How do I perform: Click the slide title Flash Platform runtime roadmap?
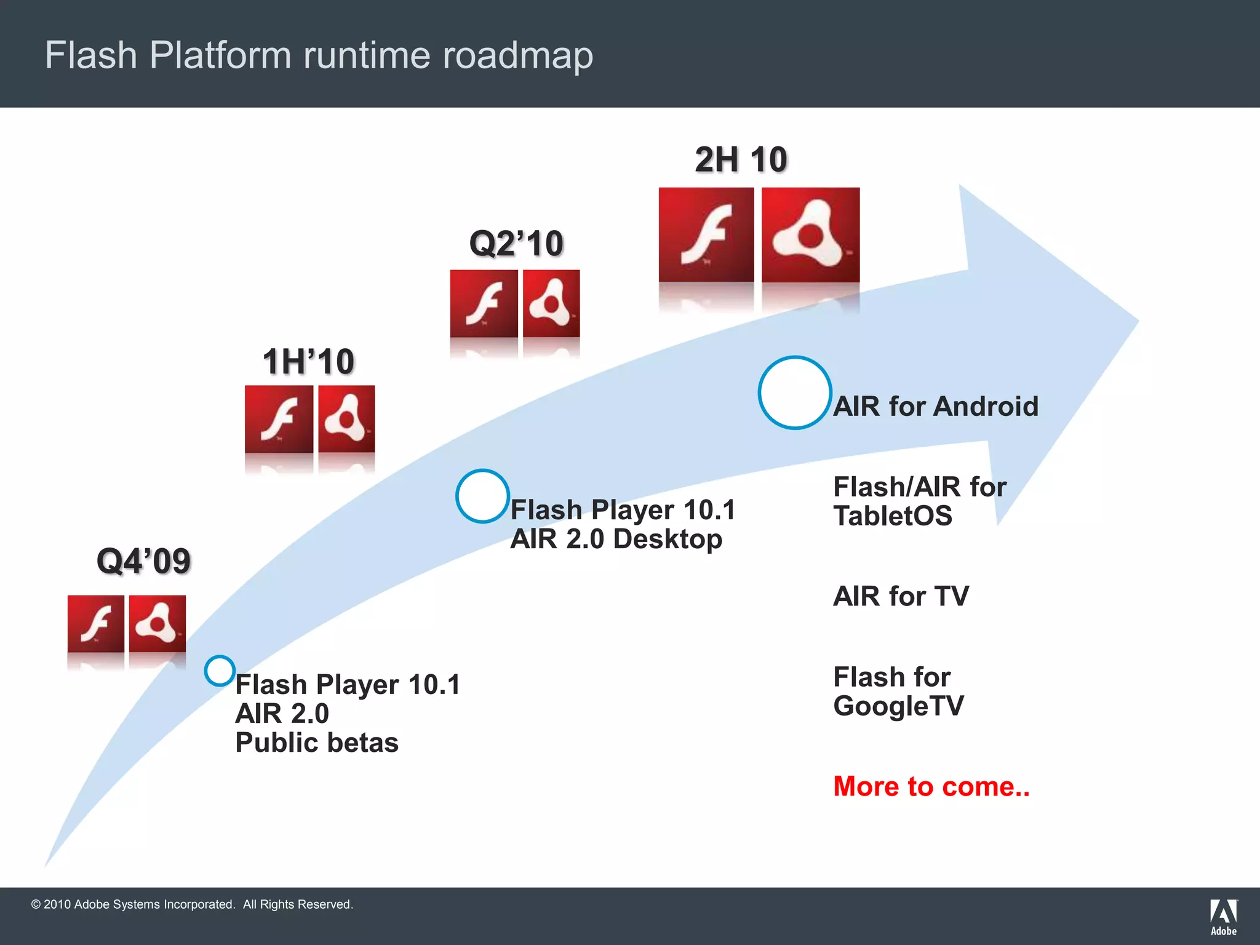click(x=319, y=55)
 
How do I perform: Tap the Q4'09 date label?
click(x=143, y=561)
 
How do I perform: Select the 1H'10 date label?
click(x=308, y=361)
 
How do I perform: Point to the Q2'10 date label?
click(x=516, y=243)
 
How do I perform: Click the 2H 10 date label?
click(x=741, y=159)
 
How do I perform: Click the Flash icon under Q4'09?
click(x=96, y=623)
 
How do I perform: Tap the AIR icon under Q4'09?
click(x=157, y=623)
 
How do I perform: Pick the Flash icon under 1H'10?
click(x=279, y=419)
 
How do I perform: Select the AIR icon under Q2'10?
click(x=551, y=303)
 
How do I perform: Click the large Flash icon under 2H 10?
click(x=706, y=234)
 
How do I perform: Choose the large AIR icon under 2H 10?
click(x=810, y=234)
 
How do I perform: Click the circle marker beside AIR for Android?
click(x=795, y=393)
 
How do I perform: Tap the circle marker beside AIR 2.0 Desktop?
click(x=482, y=496)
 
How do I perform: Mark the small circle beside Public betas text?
click(x=220, y=671)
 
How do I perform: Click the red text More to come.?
click(x=931, y=786)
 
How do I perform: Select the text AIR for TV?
click(x=901, y=596)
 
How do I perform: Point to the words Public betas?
click(x=317, y=743)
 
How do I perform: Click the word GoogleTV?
click(x=898, y=706)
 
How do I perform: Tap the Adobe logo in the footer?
click(x=1224, y=917)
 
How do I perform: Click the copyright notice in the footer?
click(x=192, y=904)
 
